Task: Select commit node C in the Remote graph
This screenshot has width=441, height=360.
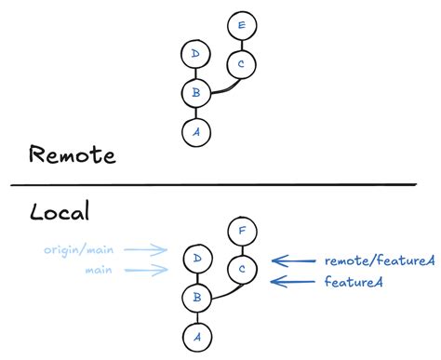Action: (242, 64)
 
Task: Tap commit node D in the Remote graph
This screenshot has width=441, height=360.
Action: (194, 55)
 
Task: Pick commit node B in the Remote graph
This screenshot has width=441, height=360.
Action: (194, 93)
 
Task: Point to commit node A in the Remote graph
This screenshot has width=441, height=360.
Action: (194, 130)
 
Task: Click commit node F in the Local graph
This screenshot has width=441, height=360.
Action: (241, 231)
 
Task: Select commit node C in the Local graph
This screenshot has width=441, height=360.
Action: (241, 269)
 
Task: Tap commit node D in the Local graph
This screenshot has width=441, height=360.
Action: (195, 259)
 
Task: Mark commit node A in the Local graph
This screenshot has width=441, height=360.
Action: (195, 335)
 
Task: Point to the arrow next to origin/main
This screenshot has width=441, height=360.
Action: (145, 250)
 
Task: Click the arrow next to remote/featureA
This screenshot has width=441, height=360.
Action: (292, 261)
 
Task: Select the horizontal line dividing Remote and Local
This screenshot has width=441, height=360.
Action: (220, 184)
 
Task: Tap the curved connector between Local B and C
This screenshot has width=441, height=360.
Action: (223, 291)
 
